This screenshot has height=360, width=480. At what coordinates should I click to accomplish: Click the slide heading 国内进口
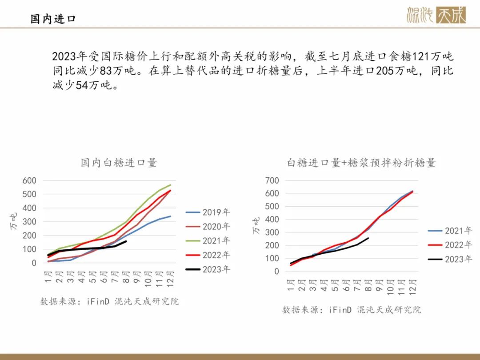coord(53,19)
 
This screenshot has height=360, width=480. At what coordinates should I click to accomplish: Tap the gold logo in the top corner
coord(436,15)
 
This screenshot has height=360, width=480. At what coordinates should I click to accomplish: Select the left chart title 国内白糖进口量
coord(119,163)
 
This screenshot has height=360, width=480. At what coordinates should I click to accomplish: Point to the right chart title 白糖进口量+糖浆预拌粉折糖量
coord(361,163)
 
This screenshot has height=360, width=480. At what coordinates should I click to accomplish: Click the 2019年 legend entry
coord(208,212)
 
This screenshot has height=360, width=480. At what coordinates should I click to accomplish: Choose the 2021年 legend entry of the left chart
coord(208,240)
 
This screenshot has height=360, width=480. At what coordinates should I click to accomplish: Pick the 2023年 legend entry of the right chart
coord(450,259)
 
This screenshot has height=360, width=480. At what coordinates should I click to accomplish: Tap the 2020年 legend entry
coord(208,226)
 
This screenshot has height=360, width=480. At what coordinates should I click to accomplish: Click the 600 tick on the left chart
coord(29,180)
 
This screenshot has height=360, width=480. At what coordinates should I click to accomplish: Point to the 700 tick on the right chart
coord(272,180)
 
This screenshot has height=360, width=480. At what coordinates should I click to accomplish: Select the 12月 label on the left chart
coord(170,279)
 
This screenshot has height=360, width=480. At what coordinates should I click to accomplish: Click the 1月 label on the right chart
coord(291,285)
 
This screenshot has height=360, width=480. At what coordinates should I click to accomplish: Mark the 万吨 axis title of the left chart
coord(13,221)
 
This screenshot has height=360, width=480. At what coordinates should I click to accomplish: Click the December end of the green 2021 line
coord(171,185)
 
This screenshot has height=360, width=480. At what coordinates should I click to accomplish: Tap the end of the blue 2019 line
coord(171,216)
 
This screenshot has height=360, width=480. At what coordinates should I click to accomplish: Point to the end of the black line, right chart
coord(368,238)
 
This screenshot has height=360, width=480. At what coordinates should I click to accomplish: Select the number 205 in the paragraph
coord(384,71)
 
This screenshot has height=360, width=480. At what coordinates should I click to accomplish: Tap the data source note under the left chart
coord(109,301)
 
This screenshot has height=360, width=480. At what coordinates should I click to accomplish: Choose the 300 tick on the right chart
coord(272,232)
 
